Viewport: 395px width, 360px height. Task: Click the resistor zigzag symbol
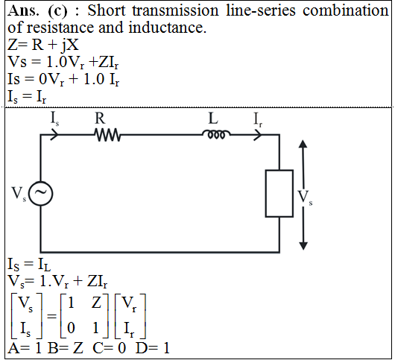click(x=107, y=135)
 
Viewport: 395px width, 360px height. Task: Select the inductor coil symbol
click(x=216, y=134)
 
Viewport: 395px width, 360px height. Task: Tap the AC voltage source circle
click(x=40, y=194)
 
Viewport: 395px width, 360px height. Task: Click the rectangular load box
click(x=279, y=194)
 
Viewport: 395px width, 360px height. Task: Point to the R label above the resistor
click(x=100, y=119)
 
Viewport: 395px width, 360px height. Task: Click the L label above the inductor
click(x=213, y=119)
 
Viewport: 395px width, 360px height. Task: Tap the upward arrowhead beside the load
click(x=303, y=144)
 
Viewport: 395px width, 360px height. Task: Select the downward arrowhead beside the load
click(x=303, y=246)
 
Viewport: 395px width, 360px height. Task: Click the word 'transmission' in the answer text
click(x=176, y=10)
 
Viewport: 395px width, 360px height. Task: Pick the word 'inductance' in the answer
click(x=168, y=28)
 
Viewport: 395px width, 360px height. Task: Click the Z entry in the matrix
click(x=96, y=303)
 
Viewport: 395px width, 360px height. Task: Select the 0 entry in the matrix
click(x=71, y=328)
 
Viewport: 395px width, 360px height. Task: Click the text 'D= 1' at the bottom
click(x=153, y=348)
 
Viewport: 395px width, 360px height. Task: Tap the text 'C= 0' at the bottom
click(x=109, y=348)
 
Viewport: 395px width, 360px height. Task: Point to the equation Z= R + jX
click(x=43, y=45)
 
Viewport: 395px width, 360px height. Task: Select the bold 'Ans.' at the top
click(x=23, y=11)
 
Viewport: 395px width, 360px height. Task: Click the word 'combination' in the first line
click(x=346, y=10)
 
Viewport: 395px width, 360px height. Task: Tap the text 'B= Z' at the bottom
click(x=65, y=348)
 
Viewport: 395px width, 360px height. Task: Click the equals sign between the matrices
click(x=51, y=316)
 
